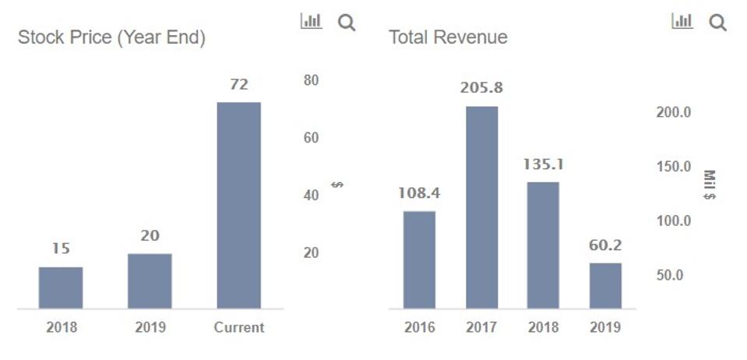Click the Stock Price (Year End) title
(111, 37)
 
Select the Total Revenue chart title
(448, 37)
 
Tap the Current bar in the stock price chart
(238, 205)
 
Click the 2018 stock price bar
(61, 288)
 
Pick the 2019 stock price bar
(150, 281)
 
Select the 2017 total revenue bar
(481, 207)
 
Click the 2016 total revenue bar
(419, 259)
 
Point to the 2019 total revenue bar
(605, 285)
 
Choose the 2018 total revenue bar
(543, 245)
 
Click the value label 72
(238, 84)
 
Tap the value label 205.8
(481, 88)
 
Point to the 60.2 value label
(605, 245)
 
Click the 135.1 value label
(543, 164)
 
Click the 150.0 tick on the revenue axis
(674, 167)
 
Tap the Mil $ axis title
(709, 185)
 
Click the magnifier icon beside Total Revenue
(717, 23)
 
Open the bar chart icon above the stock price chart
(311, 22)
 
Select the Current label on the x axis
(239, 327)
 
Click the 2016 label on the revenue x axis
(419, 327)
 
